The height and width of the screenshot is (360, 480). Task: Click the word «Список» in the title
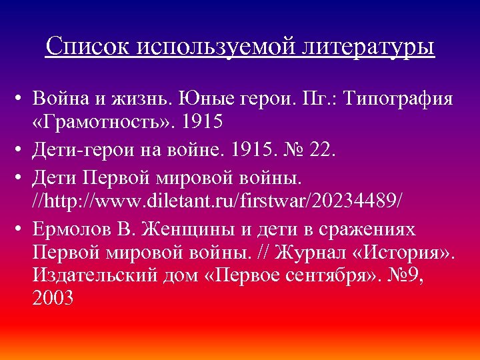89,47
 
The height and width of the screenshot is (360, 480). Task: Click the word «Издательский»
93,275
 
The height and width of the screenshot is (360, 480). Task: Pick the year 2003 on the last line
52,298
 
